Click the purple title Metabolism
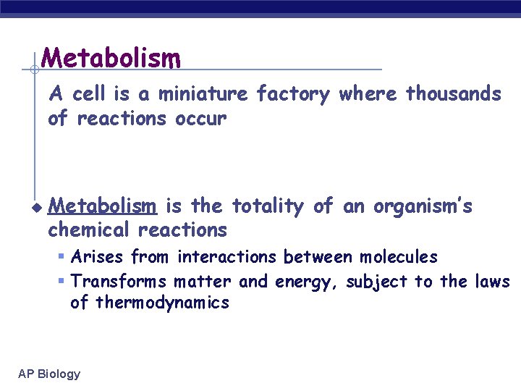click(x=111, y=57)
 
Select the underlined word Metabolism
click(x=101, y=207)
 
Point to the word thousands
click(x=454, y=94)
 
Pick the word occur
click(x=201, y=118)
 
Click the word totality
click(x=267, y=207)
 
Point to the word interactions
click(x=226, y=257)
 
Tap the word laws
click(x=493, y=281)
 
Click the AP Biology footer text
click(x=49, y=374)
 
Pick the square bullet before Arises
click(x=62, y=257)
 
